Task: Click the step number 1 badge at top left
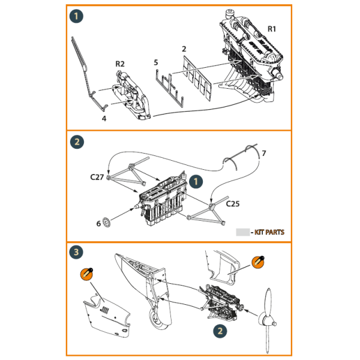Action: (76, 16)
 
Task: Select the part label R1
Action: (271, 29)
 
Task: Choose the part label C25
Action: (233, 204)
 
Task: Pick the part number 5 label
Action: (156, 62)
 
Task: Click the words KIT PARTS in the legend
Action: (270, 232)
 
